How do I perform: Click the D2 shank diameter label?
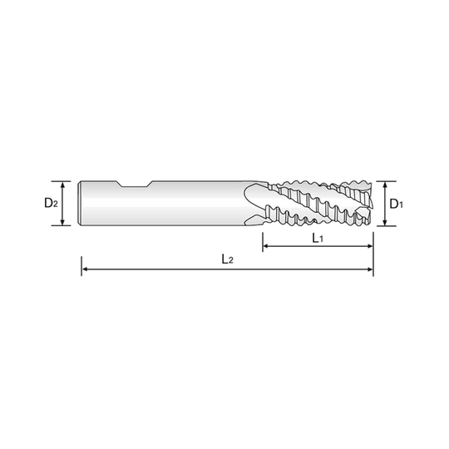pos(49,202)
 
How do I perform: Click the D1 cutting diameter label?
pos(397,202)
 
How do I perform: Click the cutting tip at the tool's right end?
pos(372,201)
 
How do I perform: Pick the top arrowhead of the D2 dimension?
pos(60,183)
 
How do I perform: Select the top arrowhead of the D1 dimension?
pos(385,183)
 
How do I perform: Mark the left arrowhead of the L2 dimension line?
pos(83,269)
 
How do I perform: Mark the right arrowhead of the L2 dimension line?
pos(370,269)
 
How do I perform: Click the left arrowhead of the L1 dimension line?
pos(267,246)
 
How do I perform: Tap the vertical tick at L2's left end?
pos(79,268)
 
